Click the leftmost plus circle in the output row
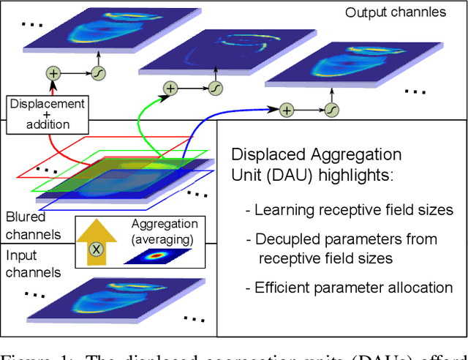pyautogui.click(x=53, y=73)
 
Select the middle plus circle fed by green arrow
pyautogui.click(x=170, y=89)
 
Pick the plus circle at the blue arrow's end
pyautogui.click(x=287, y=110)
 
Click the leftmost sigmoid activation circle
pyautogui.click(x=97, y=73)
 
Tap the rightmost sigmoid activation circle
pyautogui.click(x=331, y=110)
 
